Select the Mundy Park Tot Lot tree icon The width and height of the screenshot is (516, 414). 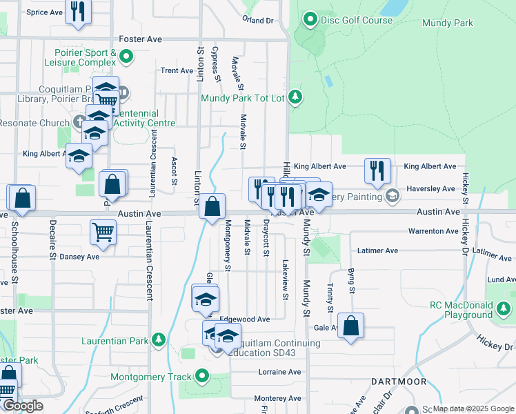point(295,97)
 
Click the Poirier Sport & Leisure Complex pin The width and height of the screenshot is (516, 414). point(126,55)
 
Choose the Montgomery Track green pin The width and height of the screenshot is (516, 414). point(202,376)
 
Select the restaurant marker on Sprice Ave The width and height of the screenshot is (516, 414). point(78,11)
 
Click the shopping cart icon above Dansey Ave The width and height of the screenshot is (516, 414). point(103,233)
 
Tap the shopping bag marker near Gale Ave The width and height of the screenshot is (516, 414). point(351,326)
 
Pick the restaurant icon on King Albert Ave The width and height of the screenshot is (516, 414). point(377,170)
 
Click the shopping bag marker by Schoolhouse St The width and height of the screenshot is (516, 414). point(22,197)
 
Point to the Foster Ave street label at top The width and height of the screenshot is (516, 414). point(141,39)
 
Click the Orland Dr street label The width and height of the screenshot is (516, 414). point(258,20)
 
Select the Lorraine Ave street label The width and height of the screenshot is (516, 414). point(280,371)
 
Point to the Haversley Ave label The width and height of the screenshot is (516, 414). point(439,188)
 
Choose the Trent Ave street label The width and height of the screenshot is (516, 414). point(177,70)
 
